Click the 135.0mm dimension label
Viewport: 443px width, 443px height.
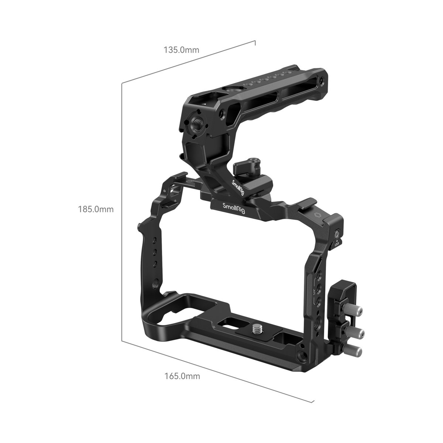click(x=181, y=50)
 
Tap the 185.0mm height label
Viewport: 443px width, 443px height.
click(x=96, y=209)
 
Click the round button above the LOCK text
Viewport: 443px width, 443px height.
click(x=337, y=234)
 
